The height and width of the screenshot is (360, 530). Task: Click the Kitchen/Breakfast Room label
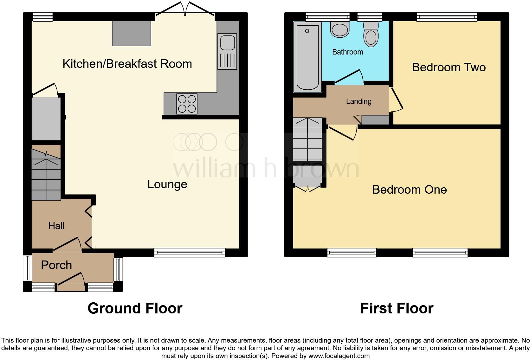(127, 64)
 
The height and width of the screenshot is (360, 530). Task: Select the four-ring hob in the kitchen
(187, 104)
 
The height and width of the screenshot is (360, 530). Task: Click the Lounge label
(167, 184)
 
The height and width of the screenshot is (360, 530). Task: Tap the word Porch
(56, 265)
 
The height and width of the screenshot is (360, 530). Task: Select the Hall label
(56, 226)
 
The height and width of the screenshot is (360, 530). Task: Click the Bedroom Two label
(449, 67)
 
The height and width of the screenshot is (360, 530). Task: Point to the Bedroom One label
(409, 190)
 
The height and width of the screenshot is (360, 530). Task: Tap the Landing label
(359, 101)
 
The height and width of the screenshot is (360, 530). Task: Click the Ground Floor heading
(135, 308)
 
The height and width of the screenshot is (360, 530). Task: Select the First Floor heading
(397, 308)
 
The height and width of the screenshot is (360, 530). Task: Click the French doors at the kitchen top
(185, 9)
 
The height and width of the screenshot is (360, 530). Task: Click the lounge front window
(190, 253)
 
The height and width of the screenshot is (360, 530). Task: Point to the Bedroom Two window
(447, 16)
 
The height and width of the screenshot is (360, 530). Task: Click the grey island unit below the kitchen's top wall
(131, 33)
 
